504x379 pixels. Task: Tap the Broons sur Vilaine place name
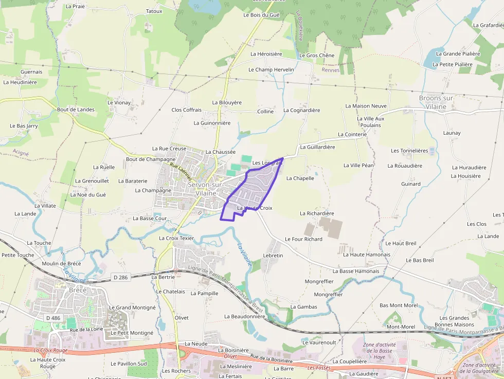436,102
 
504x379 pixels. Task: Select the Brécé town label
78,290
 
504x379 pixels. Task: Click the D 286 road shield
120,278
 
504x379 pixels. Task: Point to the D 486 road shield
52,318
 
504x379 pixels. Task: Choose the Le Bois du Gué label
261,15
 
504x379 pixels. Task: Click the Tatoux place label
154,11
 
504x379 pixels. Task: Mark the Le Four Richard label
303,239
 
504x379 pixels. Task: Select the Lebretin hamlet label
273,256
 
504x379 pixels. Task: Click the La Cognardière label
301,111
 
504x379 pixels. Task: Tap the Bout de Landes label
76,110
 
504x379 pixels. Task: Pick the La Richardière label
317,213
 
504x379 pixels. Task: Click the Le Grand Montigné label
132,308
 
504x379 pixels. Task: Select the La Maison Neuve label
366,106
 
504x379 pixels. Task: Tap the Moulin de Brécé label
61,264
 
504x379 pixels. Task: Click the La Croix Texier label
176,239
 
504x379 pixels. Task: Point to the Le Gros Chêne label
316,56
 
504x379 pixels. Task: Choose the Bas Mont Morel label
399,305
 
